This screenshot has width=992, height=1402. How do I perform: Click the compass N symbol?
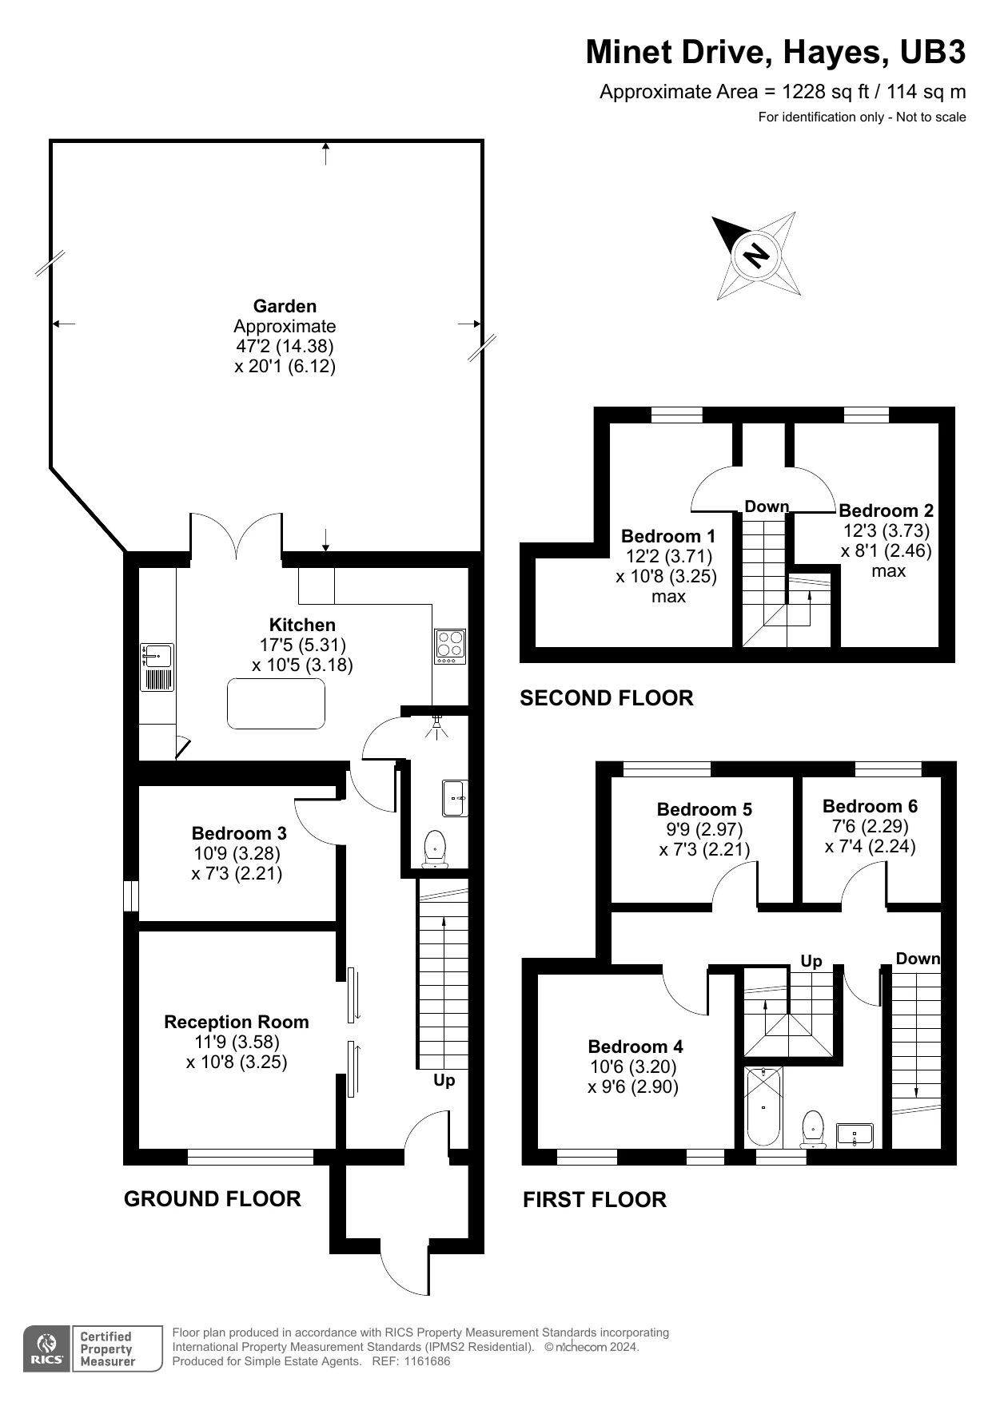(x=756, y=255)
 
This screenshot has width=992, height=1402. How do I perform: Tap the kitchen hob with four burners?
(x=450, y=647)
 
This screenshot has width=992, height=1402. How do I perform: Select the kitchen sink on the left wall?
(x=157, y=667)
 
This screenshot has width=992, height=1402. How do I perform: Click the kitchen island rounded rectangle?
(x=277, y=704)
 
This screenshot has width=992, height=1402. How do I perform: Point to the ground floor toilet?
(x=435, y=848)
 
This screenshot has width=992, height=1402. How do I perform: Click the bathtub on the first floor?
(x=763, y=1106)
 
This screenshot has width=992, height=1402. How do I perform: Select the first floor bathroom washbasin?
(x=855, y=1135)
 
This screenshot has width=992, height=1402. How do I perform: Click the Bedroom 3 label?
(x=239, y=833)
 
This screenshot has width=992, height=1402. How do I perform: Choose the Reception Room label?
(x=237, y=1022)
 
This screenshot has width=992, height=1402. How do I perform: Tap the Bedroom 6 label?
(x=870, y=806)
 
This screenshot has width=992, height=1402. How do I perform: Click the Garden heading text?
(x=285, y=306)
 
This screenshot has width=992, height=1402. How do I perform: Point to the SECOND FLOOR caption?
(x=607, y=698)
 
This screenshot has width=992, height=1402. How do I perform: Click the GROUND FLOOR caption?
(x=213, y=1198)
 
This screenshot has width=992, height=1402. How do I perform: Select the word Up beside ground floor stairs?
(x=444, y=1081)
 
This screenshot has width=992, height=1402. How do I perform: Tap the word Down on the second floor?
(x=767, y=506)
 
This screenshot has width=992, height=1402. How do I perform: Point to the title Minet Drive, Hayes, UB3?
(x=775, y=52)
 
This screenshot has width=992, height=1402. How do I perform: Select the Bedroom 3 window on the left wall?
(x=131, y=896)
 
